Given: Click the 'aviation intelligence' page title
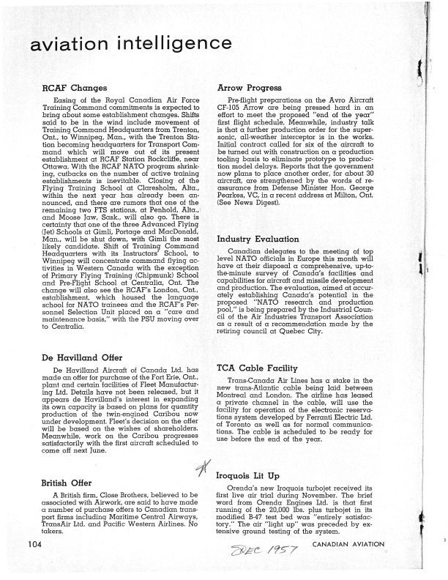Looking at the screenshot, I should click(112, 45).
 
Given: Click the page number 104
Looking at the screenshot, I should click(32, 564).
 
